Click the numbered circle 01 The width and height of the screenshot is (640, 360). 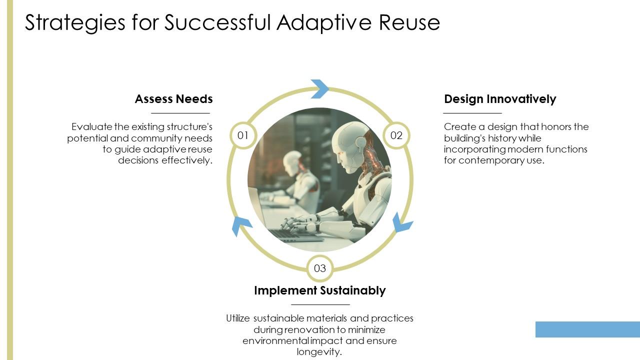pyautogui.click(x=243, y=135)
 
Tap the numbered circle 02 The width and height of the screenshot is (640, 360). pyautogui.click(x=396, y=135)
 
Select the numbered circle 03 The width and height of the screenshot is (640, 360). pyautogui.click(x=320, y=268)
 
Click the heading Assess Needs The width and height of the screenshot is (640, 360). pyautogui.click(x=173, y=99)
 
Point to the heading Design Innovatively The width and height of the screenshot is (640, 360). pyautogui.click(x=500, y=99)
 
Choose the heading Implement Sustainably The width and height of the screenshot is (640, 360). pyautogui.click(x=320, y=290)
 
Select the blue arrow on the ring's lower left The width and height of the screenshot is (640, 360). pyautogui.click(x=241, y=226)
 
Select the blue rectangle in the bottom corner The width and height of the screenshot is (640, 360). pyautogui.click(x=587, y=329)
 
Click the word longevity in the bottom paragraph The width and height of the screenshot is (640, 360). pyautogui.click(x=319, y=352)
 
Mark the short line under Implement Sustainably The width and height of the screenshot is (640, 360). pyautogui.click(x=320, y=304)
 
